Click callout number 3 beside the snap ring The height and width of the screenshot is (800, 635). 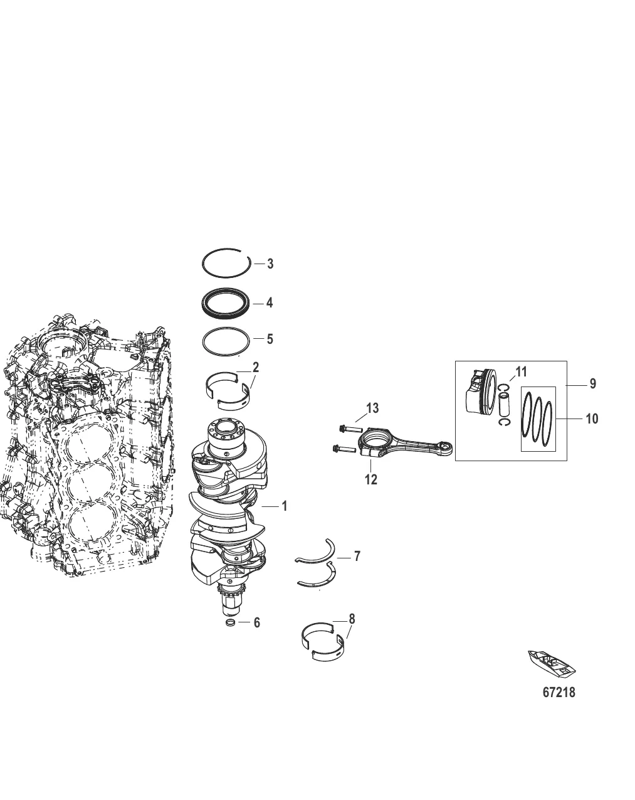pos(270,264)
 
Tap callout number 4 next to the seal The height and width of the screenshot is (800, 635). pos(269,303)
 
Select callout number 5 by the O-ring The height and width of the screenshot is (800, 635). pos(270,339)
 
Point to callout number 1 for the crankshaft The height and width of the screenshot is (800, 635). pos(285,506)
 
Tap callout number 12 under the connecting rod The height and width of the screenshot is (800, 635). pos(370,479)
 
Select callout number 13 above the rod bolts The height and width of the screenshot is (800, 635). pos(372,408)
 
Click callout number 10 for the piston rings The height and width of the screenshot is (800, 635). pos(592,419)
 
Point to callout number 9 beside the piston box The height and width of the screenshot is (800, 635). pos(592,383)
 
